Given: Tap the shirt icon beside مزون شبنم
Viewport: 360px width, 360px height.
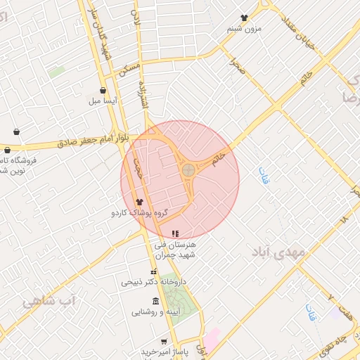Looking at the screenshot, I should (x=244, y=18).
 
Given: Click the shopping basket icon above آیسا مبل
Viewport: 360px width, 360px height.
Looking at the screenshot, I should (x=104, y=91).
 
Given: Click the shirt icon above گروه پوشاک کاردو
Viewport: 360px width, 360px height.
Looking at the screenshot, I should (x=139, y=202).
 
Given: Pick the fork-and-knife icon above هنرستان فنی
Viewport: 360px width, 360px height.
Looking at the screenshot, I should (x=175, y=233).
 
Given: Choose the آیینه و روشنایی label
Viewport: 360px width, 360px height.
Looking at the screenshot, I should (x=155, y=311).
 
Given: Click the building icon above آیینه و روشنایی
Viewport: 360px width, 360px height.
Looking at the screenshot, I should (x=155, y=301).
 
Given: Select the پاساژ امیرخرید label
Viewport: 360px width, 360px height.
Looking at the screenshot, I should (x=166, y=351).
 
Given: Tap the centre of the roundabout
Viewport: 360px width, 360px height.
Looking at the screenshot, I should (x=188, y=169).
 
